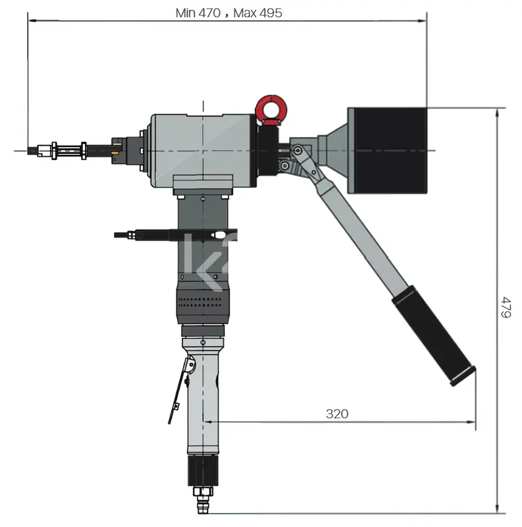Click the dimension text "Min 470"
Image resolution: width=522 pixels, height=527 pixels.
click(198, 13)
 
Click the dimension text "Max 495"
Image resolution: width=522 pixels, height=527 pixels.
click(257, 13)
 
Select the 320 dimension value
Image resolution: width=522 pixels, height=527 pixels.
click(337, 414)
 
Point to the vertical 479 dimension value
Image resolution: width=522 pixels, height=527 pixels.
click(506, 307)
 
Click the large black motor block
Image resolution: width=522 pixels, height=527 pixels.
click(390, 151)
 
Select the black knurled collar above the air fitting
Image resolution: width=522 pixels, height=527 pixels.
click(203, 470)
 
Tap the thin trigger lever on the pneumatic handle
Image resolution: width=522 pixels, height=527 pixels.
click(178, 390)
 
